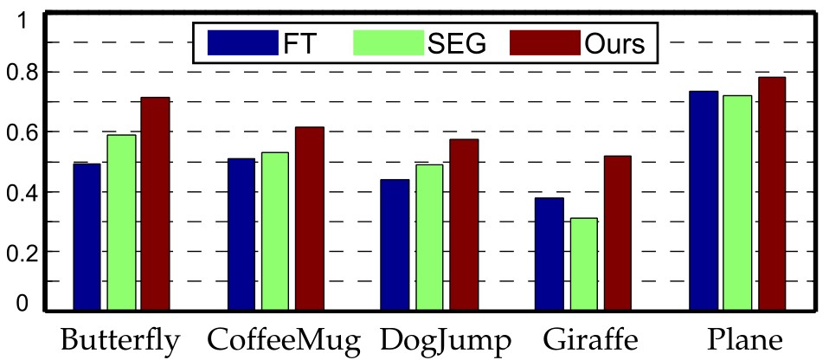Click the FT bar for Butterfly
pos(87,236)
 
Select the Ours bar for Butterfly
pos(155,203)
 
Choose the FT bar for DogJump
pos(395,244)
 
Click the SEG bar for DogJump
pos(429,237)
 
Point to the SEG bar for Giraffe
pos(583,264)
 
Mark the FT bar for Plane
pos(704,200)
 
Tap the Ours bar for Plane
pos(771,193)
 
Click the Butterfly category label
pos(119,340)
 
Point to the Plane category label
pos(737,340)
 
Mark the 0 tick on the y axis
pos(34,304)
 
